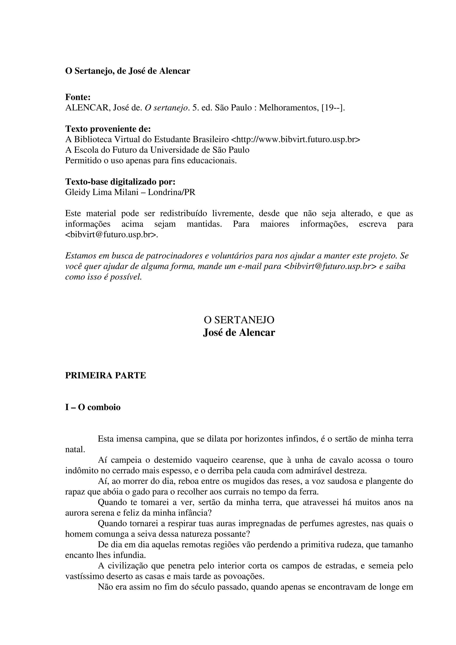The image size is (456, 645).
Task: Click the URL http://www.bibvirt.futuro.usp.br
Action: (295, 140)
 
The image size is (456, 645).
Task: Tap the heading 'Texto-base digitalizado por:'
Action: (120, 182)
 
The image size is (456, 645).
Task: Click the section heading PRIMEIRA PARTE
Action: (106, 376)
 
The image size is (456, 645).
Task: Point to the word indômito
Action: (82, 471)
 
